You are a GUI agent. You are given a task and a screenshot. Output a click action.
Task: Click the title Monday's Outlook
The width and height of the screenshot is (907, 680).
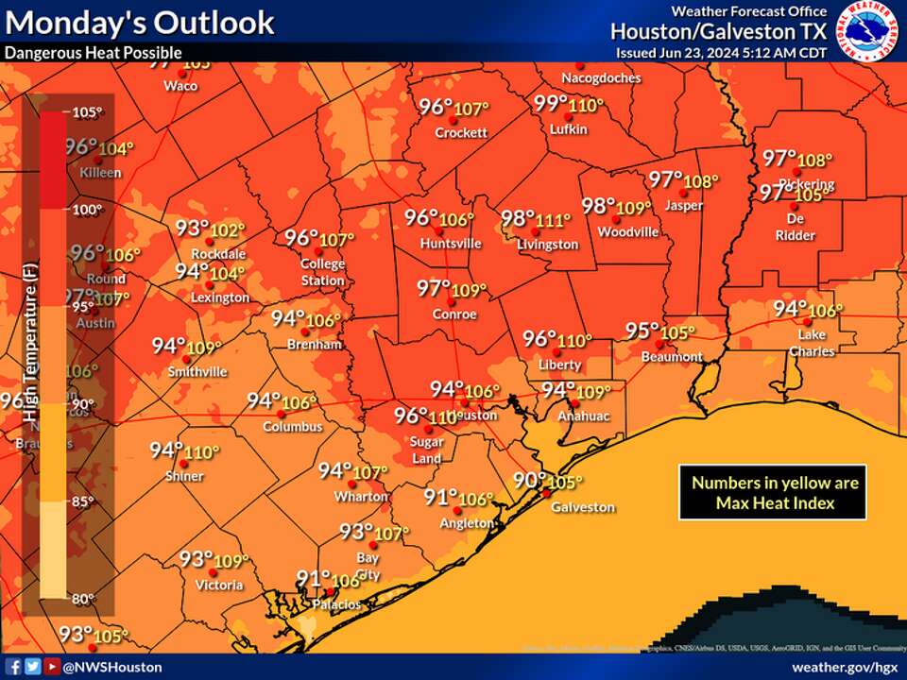tap(140, 22)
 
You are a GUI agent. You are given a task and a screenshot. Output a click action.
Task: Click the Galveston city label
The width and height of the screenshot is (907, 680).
tap(583, 507)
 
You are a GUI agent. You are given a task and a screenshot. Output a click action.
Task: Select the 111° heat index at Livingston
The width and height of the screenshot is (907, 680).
tap(554, 220)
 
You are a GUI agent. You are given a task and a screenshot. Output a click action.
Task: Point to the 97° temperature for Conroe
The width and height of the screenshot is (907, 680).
tap(435, 288)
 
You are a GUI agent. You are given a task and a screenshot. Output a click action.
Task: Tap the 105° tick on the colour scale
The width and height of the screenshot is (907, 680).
tap(86, 112)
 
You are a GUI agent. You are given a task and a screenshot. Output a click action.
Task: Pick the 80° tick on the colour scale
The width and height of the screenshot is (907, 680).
tap(84, 597)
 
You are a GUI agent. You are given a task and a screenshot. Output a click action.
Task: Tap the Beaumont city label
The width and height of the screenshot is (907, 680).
tap(672, 357)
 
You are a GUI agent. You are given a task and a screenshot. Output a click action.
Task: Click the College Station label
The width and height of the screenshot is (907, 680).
tap(322, 272)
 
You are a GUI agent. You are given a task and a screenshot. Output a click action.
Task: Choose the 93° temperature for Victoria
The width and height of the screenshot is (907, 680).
tap(197, 559)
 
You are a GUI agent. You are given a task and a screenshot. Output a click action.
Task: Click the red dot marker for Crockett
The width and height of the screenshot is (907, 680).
tap(460, 119)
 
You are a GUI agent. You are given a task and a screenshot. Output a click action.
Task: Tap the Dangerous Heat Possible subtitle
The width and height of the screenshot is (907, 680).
tap(93, 53)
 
